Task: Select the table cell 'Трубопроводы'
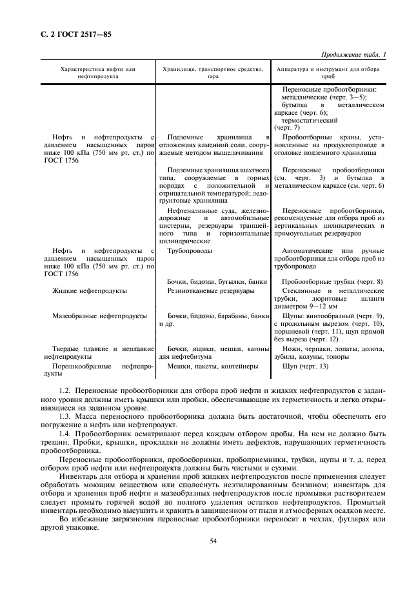[189, 250]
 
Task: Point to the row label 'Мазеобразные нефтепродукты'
[99, 316]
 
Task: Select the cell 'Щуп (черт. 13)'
[306, 366]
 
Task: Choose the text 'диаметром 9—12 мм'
[308, 307]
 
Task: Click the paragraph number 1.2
[64, 391]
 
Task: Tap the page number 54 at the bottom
[212, 541]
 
